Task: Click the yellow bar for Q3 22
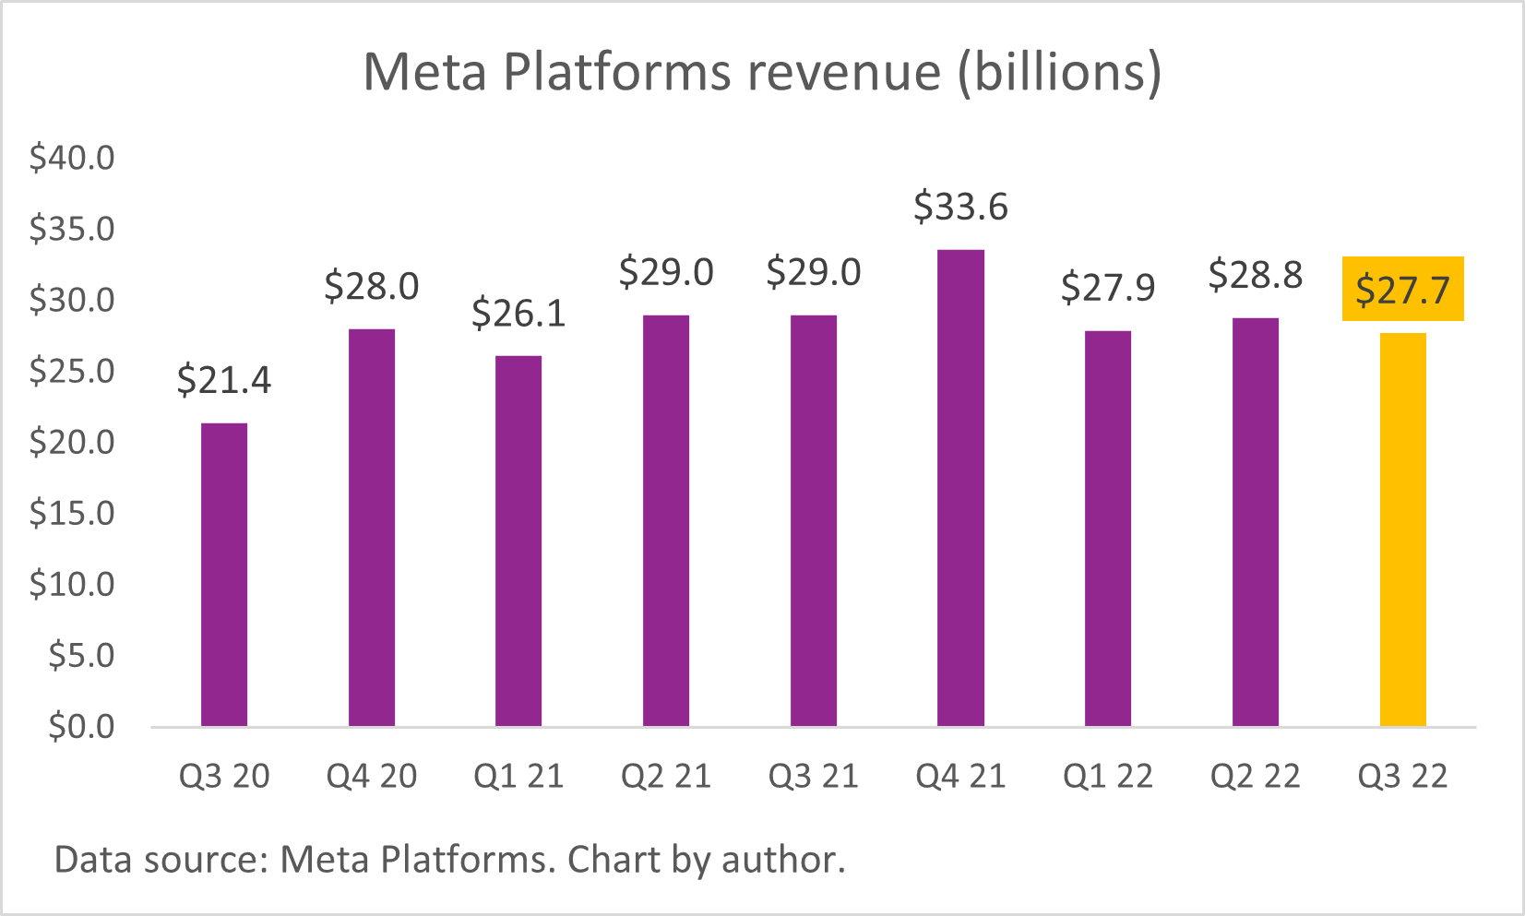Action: click(1402, 529)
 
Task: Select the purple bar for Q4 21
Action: click(960, 488)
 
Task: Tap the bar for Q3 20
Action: click(224, 575)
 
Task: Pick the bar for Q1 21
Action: click(518, 541)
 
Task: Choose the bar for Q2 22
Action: click(1255, 522)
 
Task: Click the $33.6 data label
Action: click(960, 207)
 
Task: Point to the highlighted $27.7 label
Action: click(1402, 290)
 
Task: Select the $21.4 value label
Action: click(224, 380)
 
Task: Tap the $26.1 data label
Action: click(518, 314)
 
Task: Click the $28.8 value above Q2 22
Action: click(1255, 275)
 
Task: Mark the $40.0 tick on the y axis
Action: click(72, 158)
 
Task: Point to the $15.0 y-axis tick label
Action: click(72, 513)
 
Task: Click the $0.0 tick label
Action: click(81, 727)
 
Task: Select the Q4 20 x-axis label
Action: click(372, 777)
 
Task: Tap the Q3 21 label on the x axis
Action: click(813, 777)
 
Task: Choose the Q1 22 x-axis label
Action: click(1107, 777)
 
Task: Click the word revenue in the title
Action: click(843, 72)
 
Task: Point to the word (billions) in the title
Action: click(1059, 72)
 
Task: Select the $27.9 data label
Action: click(1107, 288)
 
